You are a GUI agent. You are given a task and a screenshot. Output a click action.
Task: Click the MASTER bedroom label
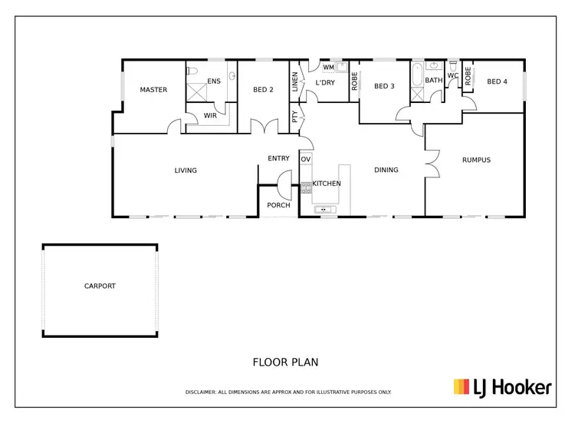(153, 90)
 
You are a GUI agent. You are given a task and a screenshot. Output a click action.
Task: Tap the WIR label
(210, 116)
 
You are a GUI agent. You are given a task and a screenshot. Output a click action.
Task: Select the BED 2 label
(263, 90)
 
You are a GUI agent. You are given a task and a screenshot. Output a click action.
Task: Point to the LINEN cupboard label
(294, 82)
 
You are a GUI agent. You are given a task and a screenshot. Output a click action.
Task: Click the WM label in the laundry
(328, 68)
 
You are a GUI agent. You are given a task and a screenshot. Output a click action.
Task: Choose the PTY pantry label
(294, 117)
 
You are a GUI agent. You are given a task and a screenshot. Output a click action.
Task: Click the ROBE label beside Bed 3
(354, 82)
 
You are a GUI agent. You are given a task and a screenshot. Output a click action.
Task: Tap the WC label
(452, 75)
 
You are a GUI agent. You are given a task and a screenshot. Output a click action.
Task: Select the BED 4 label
(497, 82)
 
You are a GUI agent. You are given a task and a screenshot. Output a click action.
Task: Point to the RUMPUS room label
(476, 160)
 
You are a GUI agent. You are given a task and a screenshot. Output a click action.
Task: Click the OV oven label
(305, 159)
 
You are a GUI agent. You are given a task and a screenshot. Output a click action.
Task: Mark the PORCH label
(278, 205)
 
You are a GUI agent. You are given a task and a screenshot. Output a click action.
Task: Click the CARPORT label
(100, 286)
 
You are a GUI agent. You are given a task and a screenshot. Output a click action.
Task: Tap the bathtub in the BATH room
(417, 75)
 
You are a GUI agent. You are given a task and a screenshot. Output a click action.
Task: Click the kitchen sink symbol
(324, 209)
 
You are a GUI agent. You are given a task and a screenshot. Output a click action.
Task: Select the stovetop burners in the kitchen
(305, 187)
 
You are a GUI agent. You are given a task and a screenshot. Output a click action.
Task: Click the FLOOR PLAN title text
(285, 361)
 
